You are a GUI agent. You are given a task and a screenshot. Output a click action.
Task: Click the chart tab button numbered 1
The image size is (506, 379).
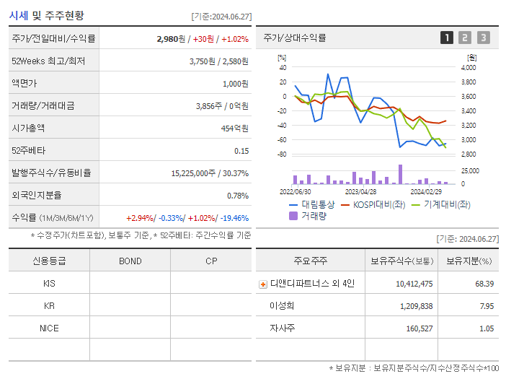(447, 38)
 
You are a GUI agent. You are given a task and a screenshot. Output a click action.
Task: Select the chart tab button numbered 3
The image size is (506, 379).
(483, 38)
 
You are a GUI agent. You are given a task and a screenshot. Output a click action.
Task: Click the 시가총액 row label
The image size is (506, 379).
(29, 128)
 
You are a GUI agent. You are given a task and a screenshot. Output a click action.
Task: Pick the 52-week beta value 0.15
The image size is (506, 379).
(241, 150)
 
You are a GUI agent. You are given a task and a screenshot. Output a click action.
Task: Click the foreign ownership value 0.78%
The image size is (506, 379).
(238, 195)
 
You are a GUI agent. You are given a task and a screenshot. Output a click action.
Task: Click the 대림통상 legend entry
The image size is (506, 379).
(312, 204)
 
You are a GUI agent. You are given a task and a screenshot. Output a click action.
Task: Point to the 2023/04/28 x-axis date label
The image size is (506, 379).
(360, 192)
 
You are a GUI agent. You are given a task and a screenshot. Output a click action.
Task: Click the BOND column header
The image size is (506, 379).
(130, 261)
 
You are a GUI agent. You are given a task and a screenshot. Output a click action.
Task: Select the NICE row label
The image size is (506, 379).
(49, 328)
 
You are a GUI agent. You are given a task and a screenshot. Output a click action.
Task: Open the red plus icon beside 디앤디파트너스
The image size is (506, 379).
(262, 284)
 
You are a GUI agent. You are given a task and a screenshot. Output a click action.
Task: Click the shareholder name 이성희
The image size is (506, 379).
(282, 306)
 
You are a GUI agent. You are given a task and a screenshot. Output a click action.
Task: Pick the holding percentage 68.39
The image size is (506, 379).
(484, 284)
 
